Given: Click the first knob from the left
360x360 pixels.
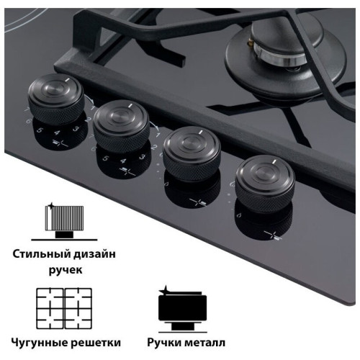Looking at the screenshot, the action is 56,99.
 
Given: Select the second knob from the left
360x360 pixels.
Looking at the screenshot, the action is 122,126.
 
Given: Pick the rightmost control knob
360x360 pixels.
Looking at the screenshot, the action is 265,184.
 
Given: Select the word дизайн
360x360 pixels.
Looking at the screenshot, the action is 94,254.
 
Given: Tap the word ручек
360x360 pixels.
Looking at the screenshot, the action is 66,270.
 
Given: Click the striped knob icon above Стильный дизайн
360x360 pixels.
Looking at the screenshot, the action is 64,221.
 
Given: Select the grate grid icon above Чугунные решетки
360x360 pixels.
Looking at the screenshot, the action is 64,308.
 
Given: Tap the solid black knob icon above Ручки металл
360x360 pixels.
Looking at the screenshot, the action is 183,310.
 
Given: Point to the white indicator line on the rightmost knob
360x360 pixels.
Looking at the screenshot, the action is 274,162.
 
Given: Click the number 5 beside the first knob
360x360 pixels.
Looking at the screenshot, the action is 40,130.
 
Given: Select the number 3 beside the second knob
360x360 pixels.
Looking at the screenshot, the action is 142,157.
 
